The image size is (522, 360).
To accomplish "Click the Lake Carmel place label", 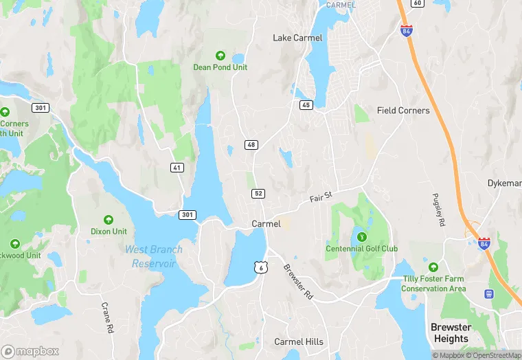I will (297, 38).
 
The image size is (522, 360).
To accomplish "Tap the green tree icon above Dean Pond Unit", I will (220, 56).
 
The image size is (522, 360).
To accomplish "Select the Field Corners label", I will (403, 110).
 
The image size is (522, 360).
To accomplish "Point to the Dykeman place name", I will (505, 183).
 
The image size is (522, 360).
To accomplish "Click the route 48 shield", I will (251, 144).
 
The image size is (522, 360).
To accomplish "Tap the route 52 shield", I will (258, 194).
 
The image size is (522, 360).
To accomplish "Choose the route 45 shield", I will (306, 104).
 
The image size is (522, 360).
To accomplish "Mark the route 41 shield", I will (178, 167).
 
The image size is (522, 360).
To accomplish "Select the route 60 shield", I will (417, 3).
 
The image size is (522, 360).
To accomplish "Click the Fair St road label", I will (321, 197).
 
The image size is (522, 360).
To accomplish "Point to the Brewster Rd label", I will (298, 282).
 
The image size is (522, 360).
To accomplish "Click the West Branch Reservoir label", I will (150, 256).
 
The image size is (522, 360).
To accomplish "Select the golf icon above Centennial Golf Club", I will (361, 237).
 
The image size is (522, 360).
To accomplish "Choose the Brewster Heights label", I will (451, 333).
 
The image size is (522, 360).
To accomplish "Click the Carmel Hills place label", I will (299, 341).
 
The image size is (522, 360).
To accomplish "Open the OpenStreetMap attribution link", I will (495, 355).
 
